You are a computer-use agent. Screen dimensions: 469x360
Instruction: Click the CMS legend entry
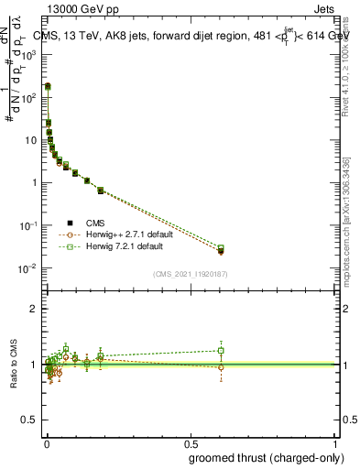point(93,223)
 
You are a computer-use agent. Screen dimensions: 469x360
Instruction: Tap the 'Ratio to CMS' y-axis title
point(14,364)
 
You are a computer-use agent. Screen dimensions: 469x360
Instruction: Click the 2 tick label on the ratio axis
point(34,309)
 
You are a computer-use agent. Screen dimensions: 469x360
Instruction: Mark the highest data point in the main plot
point(48,86)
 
